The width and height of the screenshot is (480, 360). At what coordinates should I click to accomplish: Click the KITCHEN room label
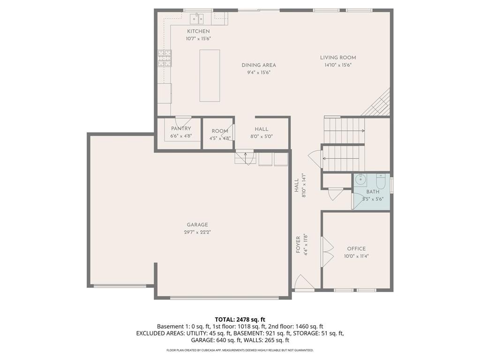(198, 31)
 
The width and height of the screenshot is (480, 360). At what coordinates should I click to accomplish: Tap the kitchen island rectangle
(210, 75)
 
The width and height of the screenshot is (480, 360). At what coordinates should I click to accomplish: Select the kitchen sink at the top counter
(196, 19)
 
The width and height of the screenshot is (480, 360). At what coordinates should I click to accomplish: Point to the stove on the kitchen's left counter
(164, 60)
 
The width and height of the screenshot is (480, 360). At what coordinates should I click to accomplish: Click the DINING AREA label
(259, 65)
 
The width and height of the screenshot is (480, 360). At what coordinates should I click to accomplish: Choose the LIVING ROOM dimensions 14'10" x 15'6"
(338, 65)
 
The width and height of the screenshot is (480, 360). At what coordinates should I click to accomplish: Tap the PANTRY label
(181, 128)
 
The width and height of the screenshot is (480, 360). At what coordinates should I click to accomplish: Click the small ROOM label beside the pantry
(220, 131)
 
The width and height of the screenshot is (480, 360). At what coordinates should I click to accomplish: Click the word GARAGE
(197, 225)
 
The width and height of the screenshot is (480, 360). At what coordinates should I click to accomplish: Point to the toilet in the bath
(380, 181)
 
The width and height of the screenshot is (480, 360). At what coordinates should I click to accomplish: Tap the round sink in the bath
(360, 180)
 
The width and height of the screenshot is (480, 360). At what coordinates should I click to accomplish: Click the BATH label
(373, 192)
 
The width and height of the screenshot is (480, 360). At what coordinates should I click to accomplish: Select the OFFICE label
(356, 249)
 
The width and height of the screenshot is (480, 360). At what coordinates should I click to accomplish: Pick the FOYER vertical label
(298, 245)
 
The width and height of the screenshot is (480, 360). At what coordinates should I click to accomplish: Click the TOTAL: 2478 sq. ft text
(240, 320)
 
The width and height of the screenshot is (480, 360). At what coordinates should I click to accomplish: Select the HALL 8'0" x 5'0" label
(262, 129)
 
